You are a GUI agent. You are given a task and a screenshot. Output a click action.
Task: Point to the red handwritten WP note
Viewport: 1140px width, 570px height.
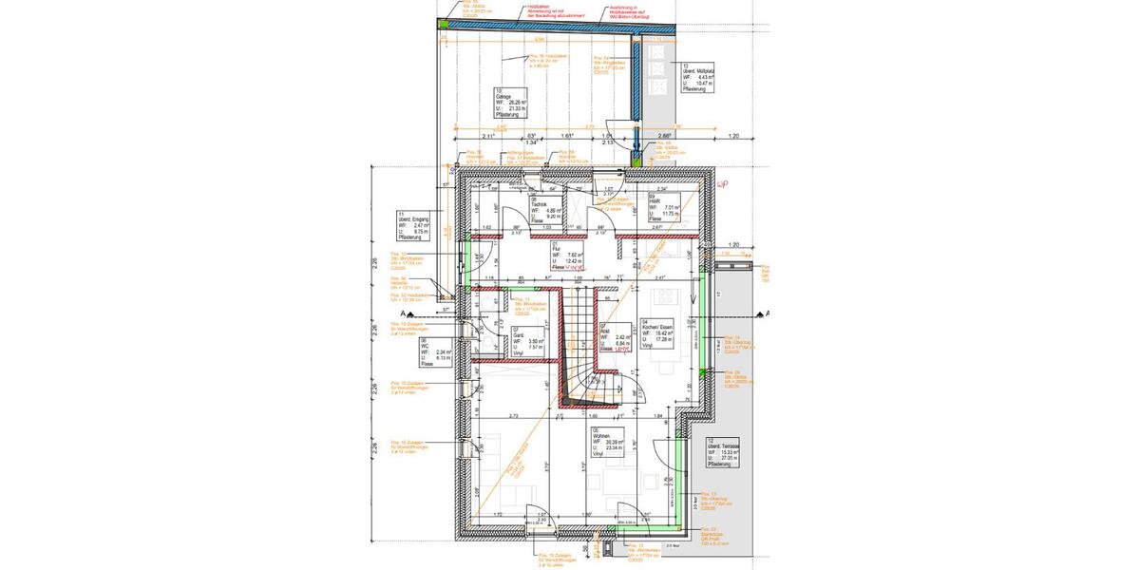(x=721, y=183)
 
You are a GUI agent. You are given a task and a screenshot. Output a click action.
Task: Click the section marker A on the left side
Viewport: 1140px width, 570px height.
(x=405, y=313)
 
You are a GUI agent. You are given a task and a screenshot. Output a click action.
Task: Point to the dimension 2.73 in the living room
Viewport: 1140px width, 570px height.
(x=514, y=416)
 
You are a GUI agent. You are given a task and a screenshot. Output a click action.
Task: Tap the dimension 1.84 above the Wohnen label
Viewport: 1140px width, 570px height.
(x=656, y=416)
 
